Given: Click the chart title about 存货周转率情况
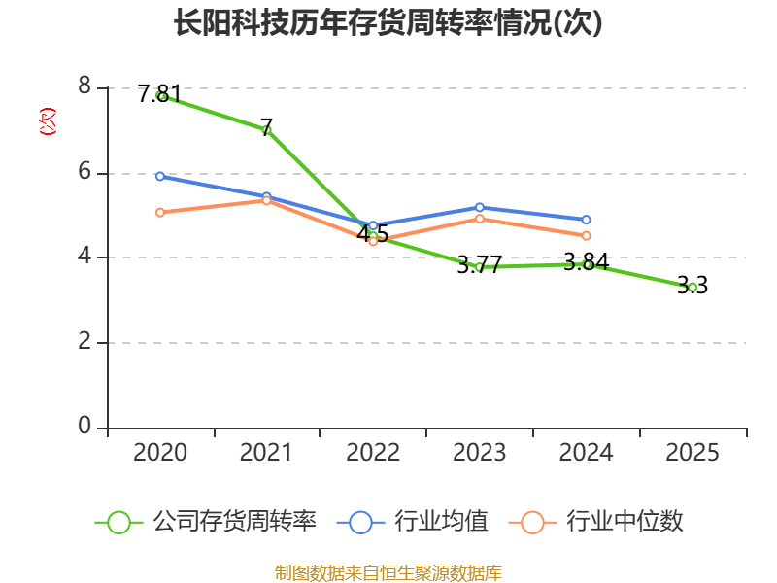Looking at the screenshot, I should [388, 23].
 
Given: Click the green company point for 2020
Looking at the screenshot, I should [160, 95].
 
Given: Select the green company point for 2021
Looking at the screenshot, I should [266, 129].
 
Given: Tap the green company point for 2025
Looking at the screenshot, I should [693, 287].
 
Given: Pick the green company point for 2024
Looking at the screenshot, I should [587, 264].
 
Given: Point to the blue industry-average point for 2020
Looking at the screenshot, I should [160, 176].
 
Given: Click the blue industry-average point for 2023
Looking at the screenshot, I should [480, 207].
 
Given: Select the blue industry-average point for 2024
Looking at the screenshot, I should [587, 220].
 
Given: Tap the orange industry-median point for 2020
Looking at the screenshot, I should [160, 212].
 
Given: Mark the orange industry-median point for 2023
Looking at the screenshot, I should [480, 219].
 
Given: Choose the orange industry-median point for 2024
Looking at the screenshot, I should [587, 235].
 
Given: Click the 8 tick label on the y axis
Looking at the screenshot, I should [85, 87].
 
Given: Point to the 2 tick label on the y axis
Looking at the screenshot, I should [85, 342].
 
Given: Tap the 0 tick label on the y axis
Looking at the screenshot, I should [85, 427].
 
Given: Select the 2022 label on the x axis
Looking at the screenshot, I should [373, 453].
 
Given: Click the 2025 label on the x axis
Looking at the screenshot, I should [693, 453].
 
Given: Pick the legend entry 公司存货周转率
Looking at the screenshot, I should [206, 522].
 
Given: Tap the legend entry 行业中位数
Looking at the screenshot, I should [597, 522].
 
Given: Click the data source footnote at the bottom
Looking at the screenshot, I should [388, 573].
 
